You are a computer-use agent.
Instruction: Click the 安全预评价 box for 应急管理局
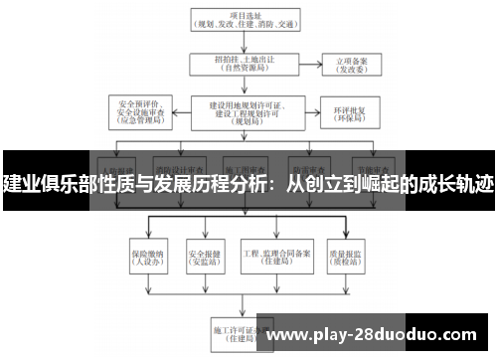click(x=146, y=109)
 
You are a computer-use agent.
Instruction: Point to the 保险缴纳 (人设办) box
click(x=146, y=256)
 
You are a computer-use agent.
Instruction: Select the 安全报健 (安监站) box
click(x=203, y=256)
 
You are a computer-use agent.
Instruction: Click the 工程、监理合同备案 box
click(x=270, y=256)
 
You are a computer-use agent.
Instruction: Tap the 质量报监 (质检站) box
click(x=346, y=256)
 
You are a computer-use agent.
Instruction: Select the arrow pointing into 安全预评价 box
click(x=182, y=109)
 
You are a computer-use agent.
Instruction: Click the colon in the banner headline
click(x=275, y=186)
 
